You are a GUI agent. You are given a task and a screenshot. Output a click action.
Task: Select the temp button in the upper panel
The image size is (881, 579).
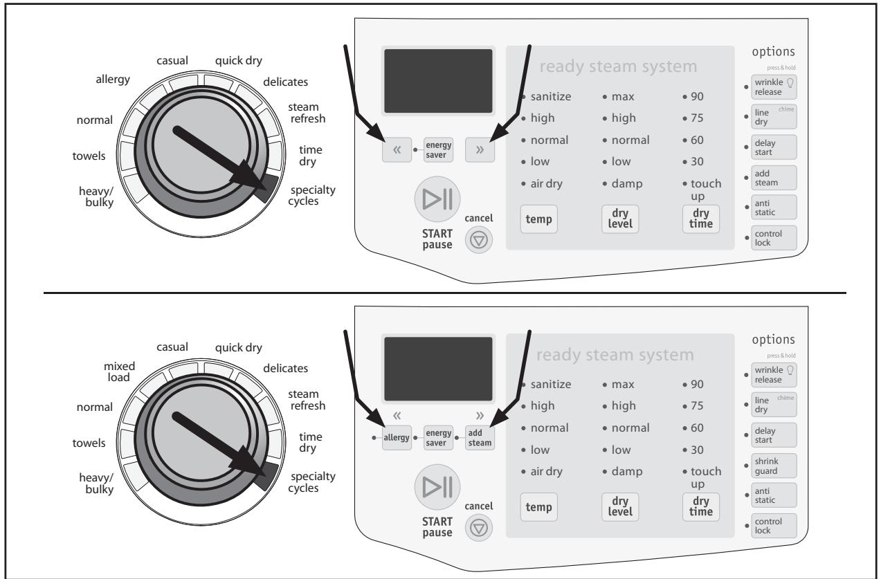[538, 219]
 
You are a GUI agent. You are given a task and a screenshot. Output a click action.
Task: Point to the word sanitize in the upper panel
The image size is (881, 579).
[551, 95]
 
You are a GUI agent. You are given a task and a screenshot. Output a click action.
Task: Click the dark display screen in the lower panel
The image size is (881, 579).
[438, 369]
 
